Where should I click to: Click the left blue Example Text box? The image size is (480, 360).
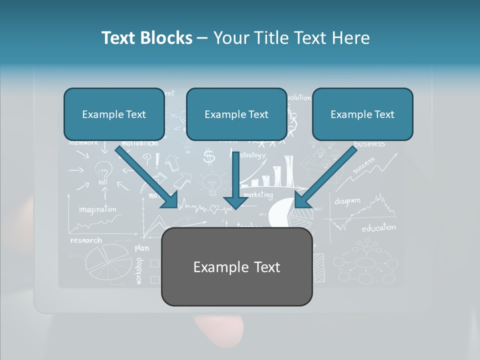[x=114, y=114]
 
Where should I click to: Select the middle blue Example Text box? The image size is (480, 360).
[x=236, y=114]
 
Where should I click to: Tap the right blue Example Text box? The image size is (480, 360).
[x=362, y=114]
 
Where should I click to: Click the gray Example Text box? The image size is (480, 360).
[x=236, y=266]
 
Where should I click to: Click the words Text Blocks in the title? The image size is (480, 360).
[x=146, y=37]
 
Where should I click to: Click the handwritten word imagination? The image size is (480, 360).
[x=97, y=209]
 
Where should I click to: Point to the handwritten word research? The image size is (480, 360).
[x=86, y=240]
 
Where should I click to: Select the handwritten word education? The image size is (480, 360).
[x=378, y=228]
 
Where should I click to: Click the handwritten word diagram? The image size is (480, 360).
[x=347, y=201]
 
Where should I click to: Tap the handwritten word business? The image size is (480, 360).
[x=369, y=144]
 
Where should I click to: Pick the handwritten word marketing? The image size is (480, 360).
[x=258, y=194]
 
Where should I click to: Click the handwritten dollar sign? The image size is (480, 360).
[x=208, y=157]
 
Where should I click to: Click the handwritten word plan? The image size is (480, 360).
[x=141, y=247]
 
